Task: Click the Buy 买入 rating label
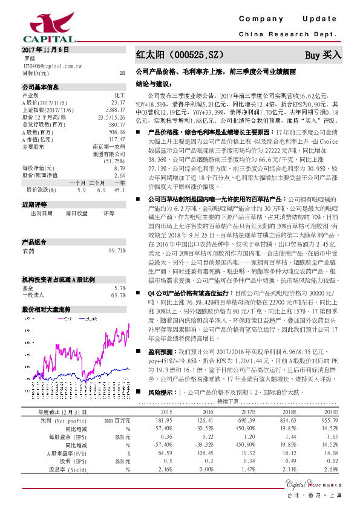coord(323,55)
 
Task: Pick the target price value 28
coord(122,73)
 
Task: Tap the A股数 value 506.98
coord(117,132)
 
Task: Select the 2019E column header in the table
coord(332,395)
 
